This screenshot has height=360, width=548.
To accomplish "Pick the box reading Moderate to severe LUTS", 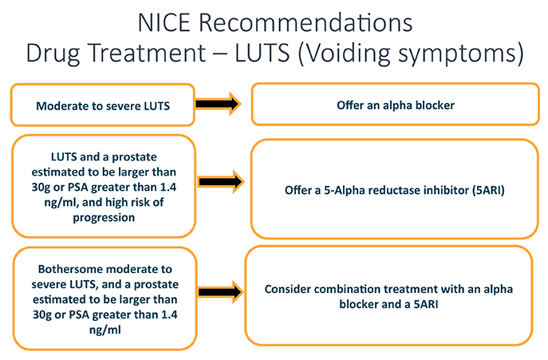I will point(101,105).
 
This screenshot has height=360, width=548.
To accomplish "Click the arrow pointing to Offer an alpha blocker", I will point(218,104).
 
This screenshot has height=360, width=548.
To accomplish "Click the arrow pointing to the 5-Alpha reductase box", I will point(218,180).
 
